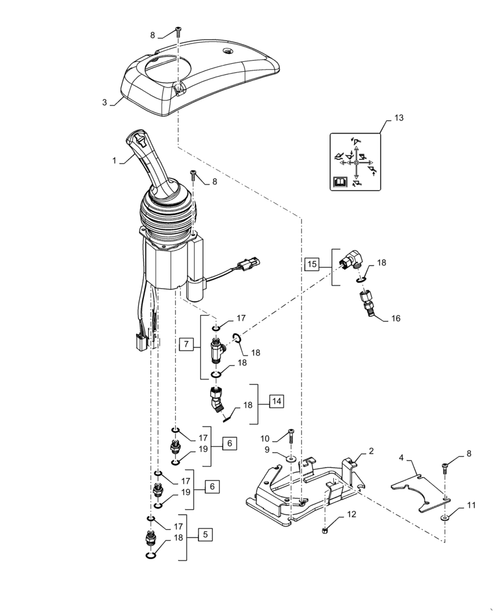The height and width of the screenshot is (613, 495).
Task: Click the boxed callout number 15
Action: click(312, 265)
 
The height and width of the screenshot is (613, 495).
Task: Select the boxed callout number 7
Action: click(186, 345)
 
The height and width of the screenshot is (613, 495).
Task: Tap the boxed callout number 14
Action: click(277, 402)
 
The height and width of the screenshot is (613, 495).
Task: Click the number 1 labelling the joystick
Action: click(115, 160)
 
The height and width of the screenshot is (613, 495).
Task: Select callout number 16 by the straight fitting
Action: click(396, 319)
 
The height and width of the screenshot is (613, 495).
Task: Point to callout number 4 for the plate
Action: click(401, 457)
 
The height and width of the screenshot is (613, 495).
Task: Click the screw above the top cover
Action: click(178, 31)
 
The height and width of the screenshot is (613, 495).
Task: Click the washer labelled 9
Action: click(292, 457)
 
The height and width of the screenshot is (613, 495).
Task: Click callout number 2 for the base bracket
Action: click(371, 451)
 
